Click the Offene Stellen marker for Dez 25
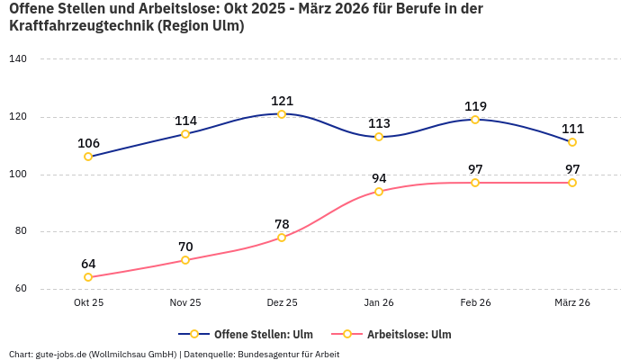(x=282, y=114)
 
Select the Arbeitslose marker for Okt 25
(x=88, y=277)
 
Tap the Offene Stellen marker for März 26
(x=572, y=142)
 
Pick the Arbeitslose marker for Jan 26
(x=379, y=192)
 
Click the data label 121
(x=282, y=101)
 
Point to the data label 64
(x=88, y=264)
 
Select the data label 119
(x=475, y=106)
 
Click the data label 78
(x=282, y=224)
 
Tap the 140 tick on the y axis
(x=18, y=59)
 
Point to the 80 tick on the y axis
(x=21, y=231)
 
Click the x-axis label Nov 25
(x=185, y=302)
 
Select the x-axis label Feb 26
(x=475, y=302)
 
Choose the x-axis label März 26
(x=572, y=302)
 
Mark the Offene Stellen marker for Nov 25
(x=185, y=134)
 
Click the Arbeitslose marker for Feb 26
(x=475, y=183)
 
